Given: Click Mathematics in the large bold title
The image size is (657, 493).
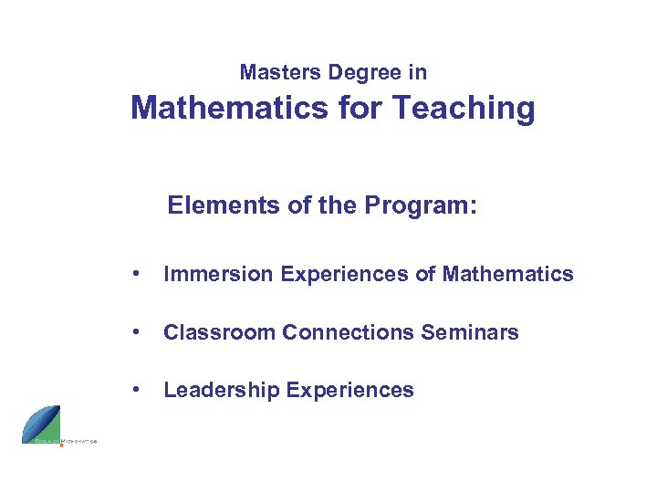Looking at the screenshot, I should coord(229,109).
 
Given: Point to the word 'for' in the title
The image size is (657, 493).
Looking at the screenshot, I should coord(360,109).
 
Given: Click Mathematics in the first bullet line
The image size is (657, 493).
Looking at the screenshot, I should coord(507,274).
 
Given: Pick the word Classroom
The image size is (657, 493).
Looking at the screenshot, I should coord(220,332).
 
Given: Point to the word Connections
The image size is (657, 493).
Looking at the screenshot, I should coord(349,332).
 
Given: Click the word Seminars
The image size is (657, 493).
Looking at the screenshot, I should coord(470,332).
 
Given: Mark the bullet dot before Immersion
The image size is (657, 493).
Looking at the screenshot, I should coord(135,274).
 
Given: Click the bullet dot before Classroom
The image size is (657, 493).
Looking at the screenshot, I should coord(135,332).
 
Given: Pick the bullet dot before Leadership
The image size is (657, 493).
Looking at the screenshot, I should coord(135,390).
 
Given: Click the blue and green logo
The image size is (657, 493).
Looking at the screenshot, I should coord(42,425).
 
